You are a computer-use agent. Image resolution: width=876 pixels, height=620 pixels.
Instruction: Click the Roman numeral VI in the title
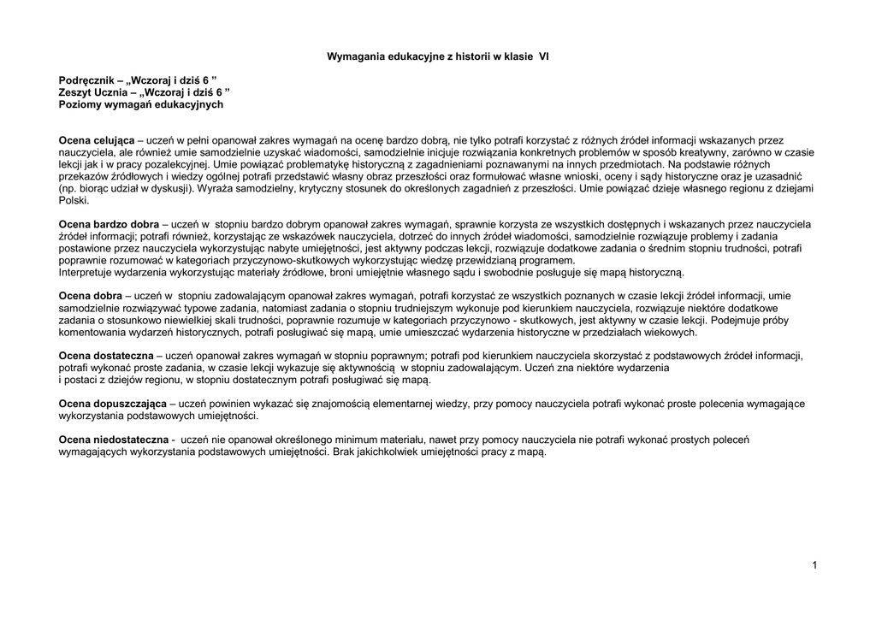(543, 57)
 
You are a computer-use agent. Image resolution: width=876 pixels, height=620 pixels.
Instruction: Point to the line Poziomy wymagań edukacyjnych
(140, 103)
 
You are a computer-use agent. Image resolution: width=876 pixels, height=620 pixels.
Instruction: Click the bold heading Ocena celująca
(97, 139)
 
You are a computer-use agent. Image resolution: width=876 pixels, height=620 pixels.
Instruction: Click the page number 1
(815, 565)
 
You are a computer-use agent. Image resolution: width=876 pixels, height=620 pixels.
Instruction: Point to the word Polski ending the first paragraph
(72, 200)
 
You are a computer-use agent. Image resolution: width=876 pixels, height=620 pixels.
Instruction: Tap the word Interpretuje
(85, 273)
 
